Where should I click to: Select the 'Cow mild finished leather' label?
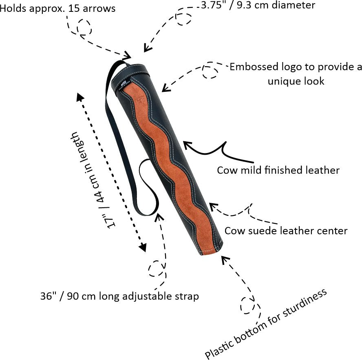(278, 170)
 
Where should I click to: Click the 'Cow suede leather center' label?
(286, 231)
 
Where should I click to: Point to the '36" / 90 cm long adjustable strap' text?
(119, 296)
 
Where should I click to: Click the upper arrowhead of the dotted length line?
(79, 96)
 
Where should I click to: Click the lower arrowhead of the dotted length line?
(143, 247)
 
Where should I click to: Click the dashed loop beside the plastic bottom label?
(247, 305)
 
